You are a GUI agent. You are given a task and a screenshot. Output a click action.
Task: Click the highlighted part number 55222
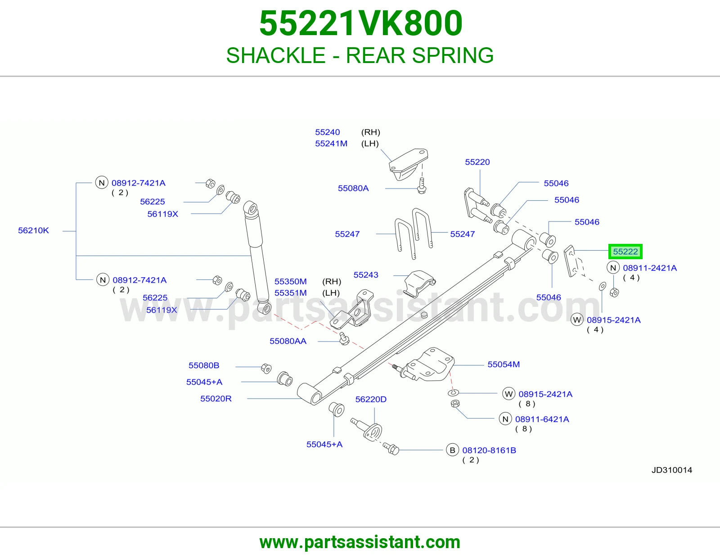pos(625,252)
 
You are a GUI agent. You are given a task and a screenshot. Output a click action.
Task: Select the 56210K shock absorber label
pos(33,230)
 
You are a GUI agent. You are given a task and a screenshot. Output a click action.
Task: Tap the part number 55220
pos(477,162)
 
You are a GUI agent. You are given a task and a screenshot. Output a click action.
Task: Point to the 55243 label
pos(366,274)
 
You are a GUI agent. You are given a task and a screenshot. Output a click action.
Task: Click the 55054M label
pos(504,364)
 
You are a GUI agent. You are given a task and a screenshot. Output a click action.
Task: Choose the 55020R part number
pos(216,399)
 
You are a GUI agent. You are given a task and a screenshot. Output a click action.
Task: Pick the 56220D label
pos(371,399)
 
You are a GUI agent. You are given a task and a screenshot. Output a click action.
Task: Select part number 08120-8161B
pos(489,450)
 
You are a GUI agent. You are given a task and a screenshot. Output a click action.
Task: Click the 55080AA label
pos(288,341)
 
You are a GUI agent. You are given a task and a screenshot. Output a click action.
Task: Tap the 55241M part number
pos(331,144)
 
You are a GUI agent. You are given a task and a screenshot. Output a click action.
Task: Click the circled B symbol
pos(452,450)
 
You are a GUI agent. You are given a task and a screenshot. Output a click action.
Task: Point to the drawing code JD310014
pos(671,470)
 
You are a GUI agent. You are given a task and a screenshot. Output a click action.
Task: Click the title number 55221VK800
pos(360,23)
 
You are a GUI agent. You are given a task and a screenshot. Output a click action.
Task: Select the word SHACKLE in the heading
pos(276,55)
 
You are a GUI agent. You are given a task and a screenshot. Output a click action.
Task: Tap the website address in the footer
pos(360,542)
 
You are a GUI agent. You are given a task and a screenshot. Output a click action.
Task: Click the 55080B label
pos(204,365)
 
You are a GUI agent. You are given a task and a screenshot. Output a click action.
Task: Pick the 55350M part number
pos(291,281)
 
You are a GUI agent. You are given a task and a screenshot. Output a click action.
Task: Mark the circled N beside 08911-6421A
pos(505,419)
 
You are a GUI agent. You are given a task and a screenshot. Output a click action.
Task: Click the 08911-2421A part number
pos(650,268)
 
